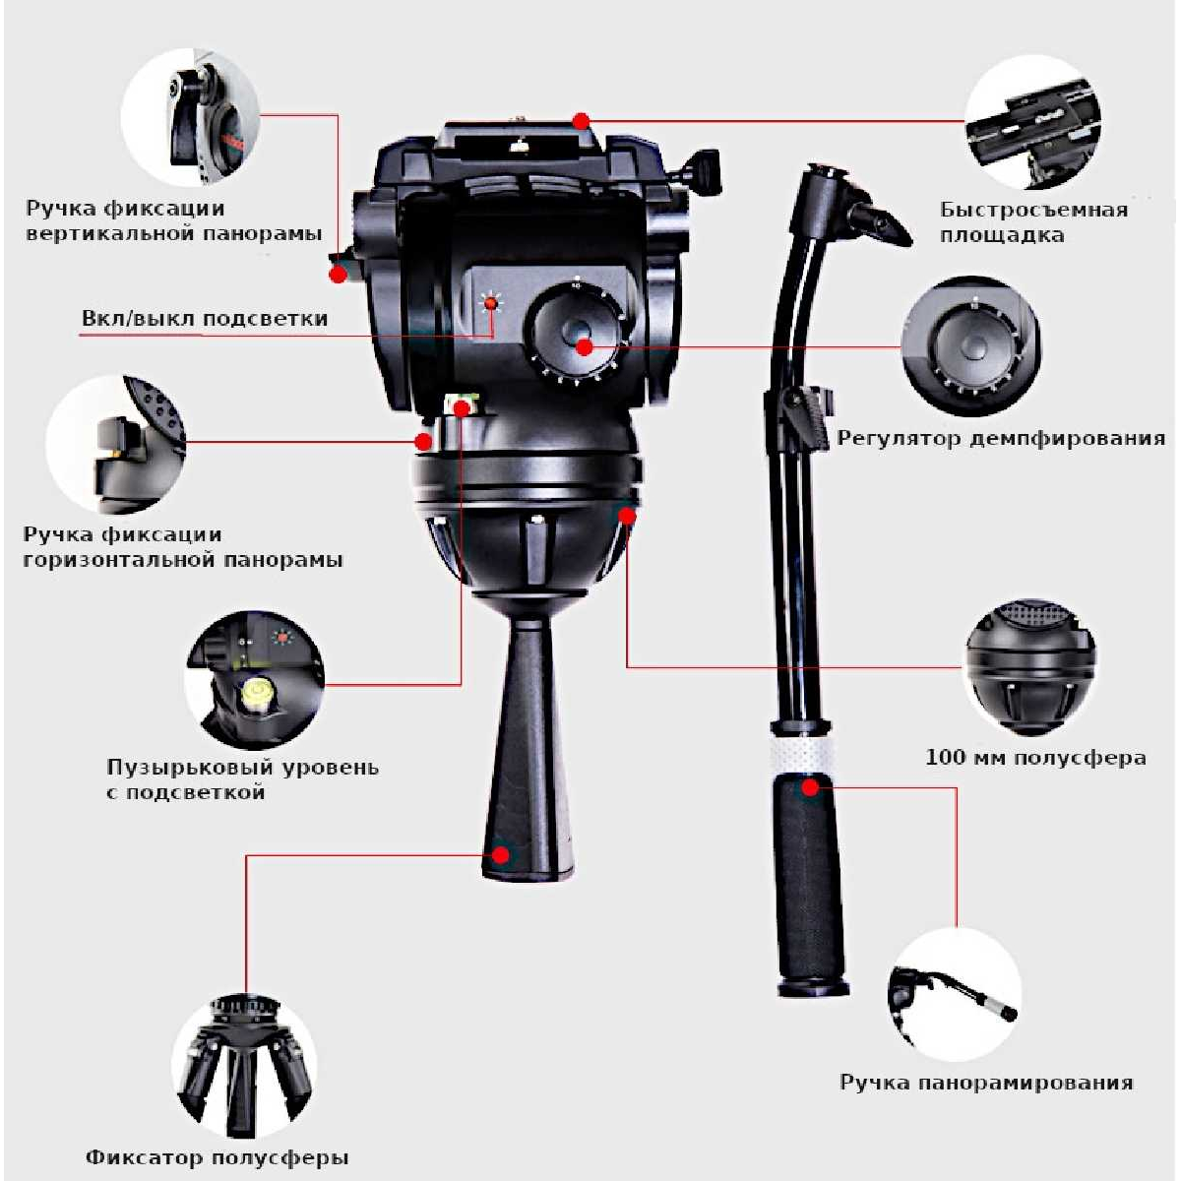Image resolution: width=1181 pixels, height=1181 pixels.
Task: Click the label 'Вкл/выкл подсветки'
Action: [205, 319]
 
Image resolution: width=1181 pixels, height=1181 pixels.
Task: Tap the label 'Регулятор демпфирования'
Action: [1001, 439]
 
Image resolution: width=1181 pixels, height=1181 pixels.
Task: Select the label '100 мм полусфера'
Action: [1035, 758]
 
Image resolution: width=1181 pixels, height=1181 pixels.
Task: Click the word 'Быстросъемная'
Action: [1034, 210]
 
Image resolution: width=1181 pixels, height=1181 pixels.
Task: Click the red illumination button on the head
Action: [490, 303]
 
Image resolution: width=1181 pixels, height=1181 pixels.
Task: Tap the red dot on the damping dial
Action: [584, 347]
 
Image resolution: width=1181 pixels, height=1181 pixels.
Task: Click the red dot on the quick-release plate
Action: [582, 121]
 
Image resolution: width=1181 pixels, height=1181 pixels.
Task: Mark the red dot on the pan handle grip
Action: [810, 787]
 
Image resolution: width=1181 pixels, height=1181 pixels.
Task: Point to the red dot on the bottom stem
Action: [501, 854]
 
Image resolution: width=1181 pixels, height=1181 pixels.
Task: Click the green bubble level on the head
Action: [461, 406]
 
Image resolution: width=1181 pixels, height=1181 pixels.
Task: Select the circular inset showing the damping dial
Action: [970, 346]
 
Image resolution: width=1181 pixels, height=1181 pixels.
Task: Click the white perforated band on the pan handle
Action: [803, 756]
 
